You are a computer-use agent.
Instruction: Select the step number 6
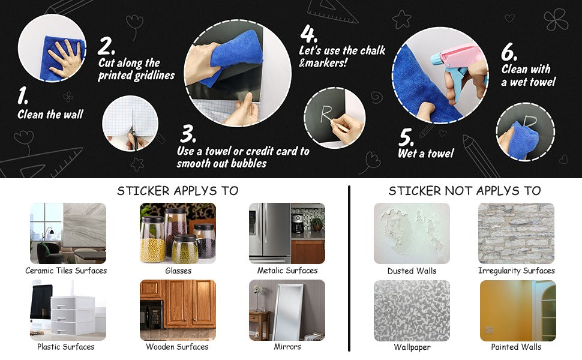(x=509, y=52)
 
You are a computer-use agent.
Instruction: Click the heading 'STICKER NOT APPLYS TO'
(x=464, y=191)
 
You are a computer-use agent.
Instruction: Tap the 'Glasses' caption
(x=178, y=271)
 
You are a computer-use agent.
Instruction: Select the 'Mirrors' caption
(x=287, y=347)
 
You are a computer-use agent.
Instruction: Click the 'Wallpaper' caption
(x=412, y=347)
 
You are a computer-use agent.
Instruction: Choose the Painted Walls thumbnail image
(x=517, y=310)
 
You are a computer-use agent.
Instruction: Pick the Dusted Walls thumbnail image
(x=412, y=233)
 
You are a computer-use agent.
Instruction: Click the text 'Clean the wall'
(x=50, y=114)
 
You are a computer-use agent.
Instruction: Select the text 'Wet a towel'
(x=426, y=154)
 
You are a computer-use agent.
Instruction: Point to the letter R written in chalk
(x=326, y=114)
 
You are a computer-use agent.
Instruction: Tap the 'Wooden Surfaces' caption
(x=177, y=347)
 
